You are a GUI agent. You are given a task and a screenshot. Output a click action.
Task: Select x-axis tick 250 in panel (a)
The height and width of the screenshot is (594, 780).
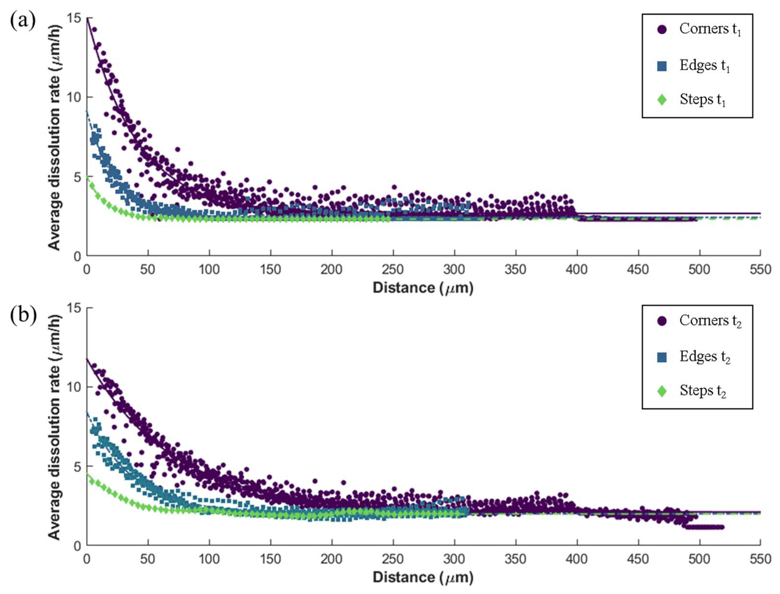pos(393,270)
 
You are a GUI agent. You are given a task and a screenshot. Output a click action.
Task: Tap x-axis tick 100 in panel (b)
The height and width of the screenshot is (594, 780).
pos(209,559)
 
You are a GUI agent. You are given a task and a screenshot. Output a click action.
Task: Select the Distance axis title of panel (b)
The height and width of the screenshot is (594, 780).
pos(423,578)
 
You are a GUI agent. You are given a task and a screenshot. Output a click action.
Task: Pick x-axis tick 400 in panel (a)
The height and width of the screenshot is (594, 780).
pos(577,270)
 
